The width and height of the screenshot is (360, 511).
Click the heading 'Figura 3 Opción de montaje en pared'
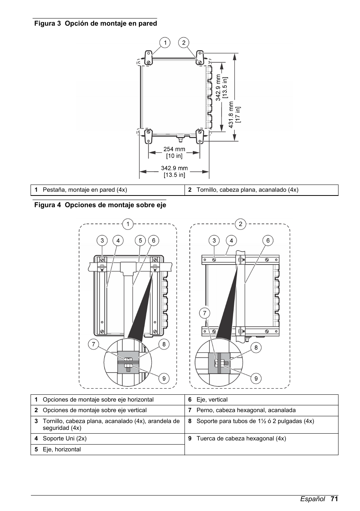click(x=95, y=23)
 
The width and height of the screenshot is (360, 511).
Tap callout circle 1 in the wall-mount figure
click(x=165, y=43)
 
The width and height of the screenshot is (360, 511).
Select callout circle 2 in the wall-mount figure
click(x=184, y=43)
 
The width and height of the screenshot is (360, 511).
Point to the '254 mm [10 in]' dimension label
click(x=174, y=152)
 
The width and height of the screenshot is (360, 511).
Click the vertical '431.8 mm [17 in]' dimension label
click(x=234, y=115)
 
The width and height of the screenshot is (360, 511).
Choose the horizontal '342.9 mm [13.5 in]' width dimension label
click(x=174, y=171)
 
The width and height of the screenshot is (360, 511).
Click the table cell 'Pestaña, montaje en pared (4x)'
click(x=85, y=190)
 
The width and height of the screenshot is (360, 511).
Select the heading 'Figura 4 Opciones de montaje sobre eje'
click(x=100, y=205)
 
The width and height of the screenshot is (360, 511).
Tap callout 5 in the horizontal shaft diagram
click(x=140, y=240)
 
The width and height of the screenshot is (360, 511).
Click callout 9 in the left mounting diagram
click(x=163, y=378)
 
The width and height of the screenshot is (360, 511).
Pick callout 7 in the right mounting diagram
click(x=205, y=313)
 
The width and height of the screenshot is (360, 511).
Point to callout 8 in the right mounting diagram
click(x=256, y=348)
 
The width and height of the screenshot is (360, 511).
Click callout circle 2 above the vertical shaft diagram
click(x=240, y=224)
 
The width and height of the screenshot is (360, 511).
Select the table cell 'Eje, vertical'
click(x=212, y=400)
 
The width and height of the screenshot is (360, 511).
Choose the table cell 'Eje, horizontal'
click(x=62, y=449)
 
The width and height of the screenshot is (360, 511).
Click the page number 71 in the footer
click(x=334, y=499)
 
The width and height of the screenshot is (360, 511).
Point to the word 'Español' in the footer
click(x=312, y=499)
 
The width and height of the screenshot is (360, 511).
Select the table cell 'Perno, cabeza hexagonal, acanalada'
click(x=246, y=410)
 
